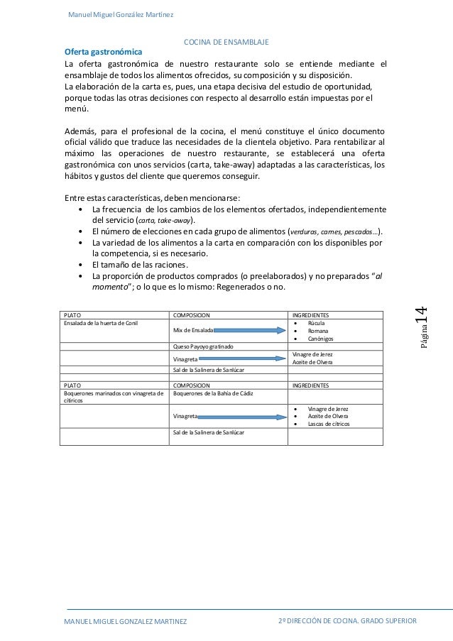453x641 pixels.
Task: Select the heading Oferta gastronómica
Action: coord(103,53)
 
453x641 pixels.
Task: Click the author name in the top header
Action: coord(120,15)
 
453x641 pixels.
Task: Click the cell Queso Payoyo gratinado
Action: coord(203,346)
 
